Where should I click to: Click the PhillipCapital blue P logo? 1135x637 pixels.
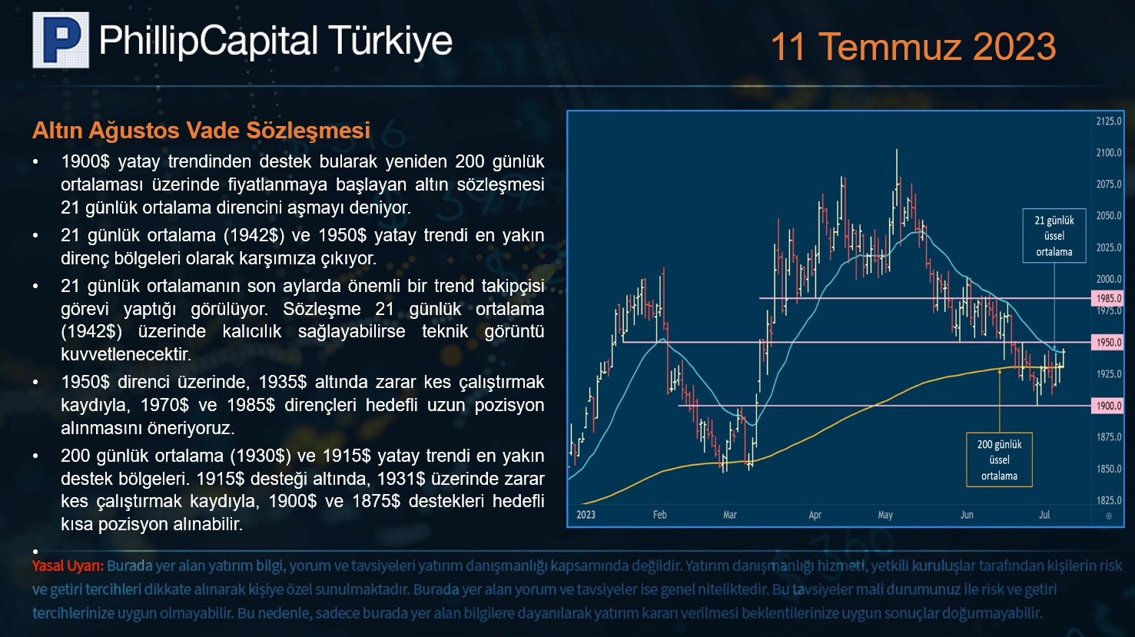click(x=61, y=40)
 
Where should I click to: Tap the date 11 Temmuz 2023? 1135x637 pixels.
click(x=913, y=47)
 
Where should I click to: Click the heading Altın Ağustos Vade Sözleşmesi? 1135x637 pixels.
click(x=201, y=130)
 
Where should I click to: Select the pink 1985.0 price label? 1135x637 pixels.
click(x=1107, y=298)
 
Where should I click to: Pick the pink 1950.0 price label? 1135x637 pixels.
click(x=1107, y=342)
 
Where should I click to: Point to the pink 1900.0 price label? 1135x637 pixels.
click(x=1107, y=406)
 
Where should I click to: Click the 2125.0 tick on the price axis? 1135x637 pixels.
click(x=1109, y=121)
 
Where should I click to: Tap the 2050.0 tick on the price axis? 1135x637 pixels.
click(x=1109, y=215)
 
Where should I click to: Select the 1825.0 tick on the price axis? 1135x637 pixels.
click(x=1109, y=500)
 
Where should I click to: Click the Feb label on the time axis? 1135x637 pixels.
click(x=660, y=514)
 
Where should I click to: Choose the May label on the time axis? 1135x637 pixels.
click(x=885, y=515)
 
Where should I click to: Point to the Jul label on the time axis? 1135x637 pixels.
click(x=1044, y=514)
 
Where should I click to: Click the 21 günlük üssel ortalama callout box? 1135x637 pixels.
click(x=1054, y=236)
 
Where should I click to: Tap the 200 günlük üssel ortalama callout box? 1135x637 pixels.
click(x=999, y=460)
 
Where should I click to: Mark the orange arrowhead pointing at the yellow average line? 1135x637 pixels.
click(x=1000, y=372)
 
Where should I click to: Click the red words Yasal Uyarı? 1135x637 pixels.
click(x=68, y=566)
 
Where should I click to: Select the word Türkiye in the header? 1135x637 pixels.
click(x=390, y=41)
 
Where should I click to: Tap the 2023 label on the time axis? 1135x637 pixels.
click(x=586, y=514)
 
